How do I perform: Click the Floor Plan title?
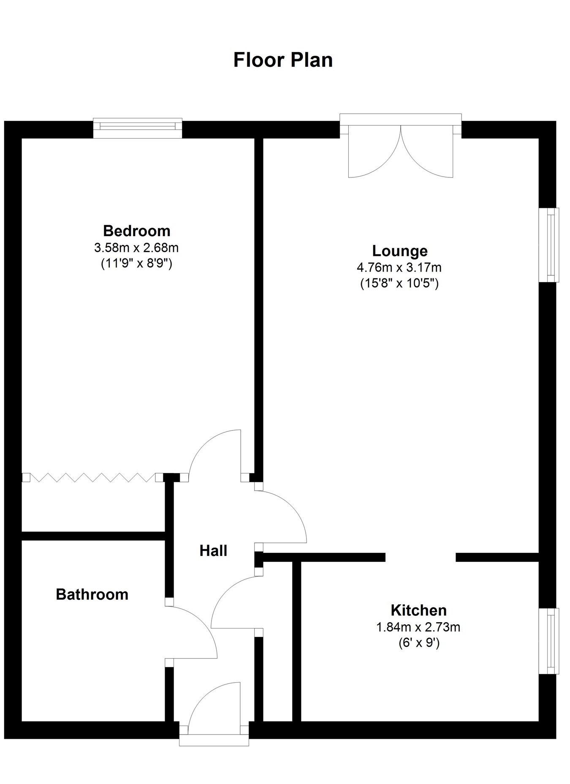283,60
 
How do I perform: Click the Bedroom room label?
136,231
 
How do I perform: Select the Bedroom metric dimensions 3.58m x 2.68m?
136,247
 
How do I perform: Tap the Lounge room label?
399,251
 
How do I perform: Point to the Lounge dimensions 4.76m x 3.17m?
399,267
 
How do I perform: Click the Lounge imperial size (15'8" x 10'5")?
399,283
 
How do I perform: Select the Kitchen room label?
418,610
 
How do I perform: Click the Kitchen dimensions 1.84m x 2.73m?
418,627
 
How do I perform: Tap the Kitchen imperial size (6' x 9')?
418,643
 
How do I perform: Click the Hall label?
213,551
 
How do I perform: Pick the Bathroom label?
92,594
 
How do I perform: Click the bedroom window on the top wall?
138,128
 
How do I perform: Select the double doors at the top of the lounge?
400,150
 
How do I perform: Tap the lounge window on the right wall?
550,245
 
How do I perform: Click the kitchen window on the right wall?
550,641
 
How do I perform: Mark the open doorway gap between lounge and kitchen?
421,557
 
